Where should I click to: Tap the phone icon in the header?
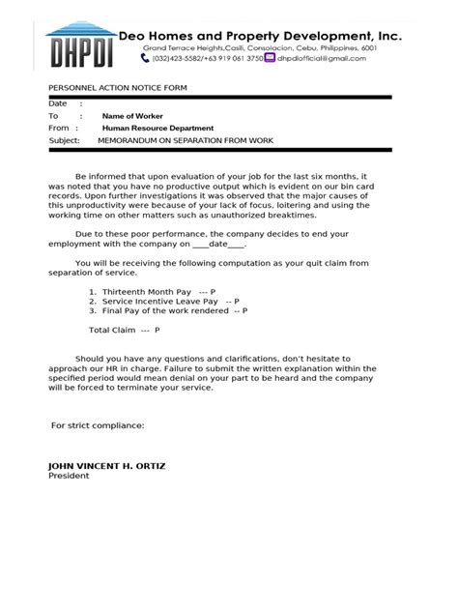coord(144,58)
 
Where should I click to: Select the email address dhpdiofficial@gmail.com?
coord(322,58)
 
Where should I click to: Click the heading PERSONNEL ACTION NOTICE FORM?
coord(118,88)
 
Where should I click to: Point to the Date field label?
coord(58,103)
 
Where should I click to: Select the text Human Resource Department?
coord(158,129)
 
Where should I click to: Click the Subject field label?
coord(65,141)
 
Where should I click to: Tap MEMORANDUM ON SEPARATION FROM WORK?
coord(186,141)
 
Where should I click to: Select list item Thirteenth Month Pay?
coord(145,290)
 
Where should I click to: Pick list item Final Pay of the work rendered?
coord(162,311)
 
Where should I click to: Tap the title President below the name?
coord(69,476)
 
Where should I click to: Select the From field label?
coord(59,129)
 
